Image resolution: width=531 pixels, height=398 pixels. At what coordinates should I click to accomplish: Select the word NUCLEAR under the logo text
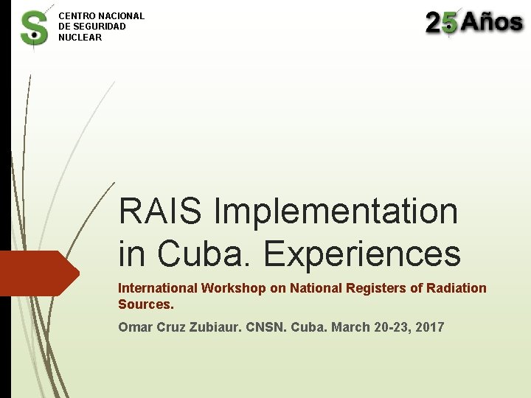coord(80,38)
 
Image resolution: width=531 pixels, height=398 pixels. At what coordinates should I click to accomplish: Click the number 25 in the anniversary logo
coord(442,23)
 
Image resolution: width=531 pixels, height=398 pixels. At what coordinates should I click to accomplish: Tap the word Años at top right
coord(493,22)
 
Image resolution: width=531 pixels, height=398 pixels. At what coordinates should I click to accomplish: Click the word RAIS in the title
coord(159,212)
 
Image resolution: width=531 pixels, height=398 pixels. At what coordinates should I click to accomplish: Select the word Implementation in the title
coord(336,212)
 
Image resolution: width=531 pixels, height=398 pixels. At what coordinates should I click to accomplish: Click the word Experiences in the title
coord(362,254)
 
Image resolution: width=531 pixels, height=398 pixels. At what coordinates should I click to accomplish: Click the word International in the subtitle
coord(159,288)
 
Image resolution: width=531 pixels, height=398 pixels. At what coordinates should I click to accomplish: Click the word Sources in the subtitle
coord(145,304)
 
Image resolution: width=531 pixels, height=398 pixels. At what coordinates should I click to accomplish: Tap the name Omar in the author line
coord(135,327)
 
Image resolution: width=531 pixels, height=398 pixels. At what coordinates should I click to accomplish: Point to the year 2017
coord(430,327)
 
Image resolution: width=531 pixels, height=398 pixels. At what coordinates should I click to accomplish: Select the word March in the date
coord(350,327)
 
